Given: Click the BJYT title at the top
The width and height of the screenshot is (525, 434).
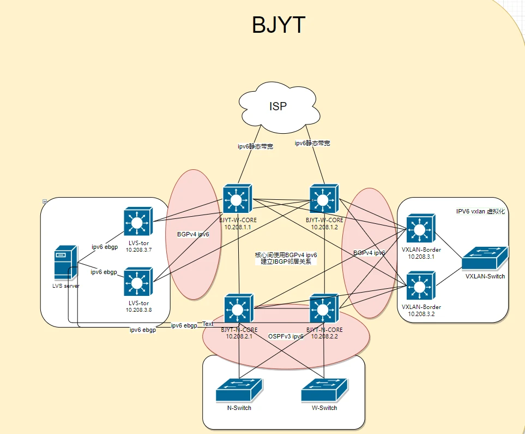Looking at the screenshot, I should (278, 25).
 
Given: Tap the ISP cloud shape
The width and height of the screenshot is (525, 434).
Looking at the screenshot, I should (277, 106).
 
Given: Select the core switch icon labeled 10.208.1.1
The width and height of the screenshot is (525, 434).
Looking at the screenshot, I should (237, 199).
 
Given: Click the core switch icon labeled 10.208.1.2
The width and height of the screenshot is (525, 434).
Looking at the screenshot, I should (324, 199).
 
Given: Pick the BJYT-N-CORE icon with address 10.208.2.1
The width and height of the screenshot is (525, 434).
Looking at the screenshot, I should (239, 309).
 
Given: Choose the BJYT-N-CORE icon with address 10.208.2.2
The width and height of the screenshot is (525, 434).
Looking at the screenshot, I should (324, 309).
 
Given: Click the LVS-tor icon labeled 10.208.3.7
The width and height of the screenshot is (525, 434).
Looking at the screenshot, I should (137, 222).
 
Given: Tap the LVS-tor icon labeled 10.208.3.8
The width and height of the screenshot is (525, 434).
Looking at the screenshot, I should (137, 282).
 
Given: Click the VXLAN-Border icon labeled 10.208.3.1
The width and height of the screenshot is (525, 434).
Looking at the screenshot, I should (421, 229).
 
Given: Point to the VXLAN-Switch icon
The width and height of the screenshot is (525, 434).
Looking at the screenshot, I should (485, 258).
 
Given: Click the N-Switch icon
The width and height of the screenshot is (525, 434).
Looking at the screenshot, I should (239, 391).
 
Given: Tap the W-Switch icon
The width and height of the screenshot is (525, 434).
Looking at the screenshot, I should (324, 391).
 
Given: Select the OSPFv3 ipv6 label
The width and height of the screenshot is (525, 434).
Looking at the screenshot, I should (286, 336).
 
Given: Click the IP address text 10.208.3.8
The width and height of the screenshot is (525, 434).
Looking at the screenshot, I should (138, 310).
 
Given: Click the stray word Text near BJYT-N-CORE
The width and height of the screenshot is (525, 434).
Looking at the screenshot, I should (208, 324).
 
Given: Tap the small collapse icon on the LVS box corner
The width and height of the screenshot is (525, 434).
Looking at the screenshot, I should (44, 201).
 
